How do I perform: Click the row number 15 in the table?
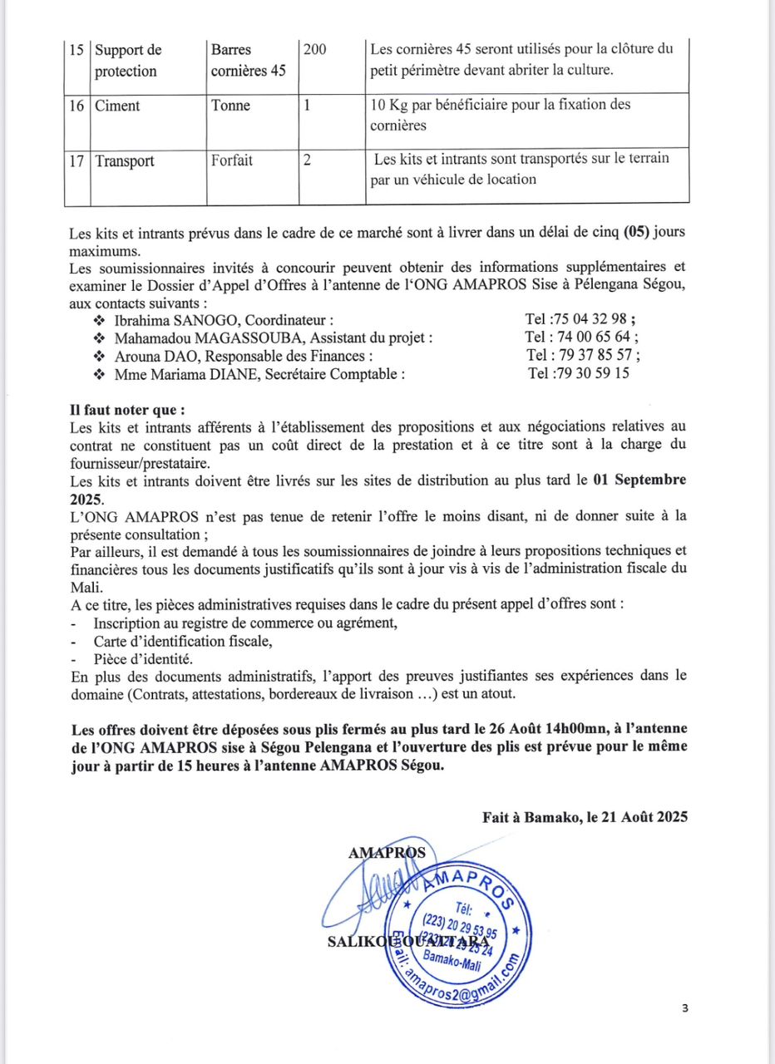[78, 50]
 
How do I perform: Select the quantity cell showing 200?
[315, 50]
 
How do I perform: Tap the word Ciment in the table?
[117, 106]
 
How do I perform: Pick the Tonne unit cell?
[231, 106]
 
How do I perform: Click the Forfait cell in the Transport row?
[232, 160]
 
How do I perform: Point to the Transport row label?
[125, 161]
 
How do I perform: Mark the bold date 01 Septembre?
[640, 480]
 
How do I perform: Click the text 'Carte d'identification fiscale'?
[183, 641]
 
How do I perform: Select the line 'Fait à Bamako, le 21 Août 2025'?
[585, 817]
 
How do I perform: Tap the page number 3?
[684, 1009]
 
